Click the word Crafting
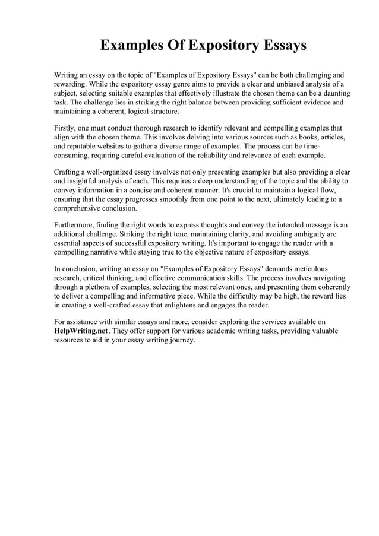pos(70,172)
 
